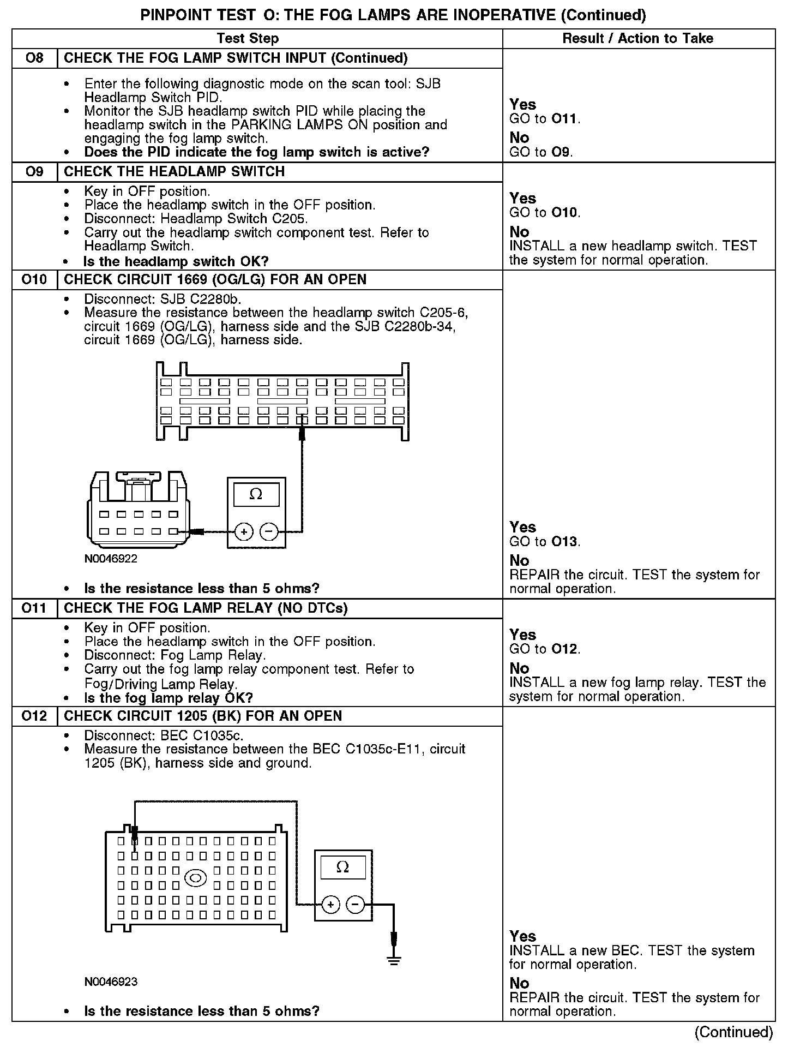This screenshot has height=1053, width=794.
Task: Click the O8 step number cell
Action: [34, 58]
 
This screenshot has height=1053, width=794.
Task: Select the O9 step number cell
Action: [34, 171]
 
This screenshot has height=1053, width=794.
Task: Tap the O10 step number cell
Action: [34, 279]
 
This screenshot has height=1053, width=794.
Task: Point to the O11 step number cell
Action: [34, 608]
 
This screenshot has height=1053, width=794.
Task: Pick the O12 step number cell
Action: [34, 716]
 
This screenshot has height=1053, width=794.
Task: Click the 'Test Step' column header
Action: [248, 38]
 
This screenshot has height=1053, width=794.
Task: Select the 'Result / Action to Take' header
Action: [637, 38]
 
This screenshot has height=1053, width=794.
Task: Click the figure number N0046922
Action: [111, 559]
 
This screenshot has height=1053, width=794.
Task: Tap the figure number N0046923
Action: [111, 982]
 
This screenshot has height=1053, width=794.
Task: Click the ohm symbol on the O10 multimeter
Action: [256, 494]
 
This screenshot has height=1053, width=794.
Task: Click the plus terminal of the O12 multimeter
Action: [330, 905]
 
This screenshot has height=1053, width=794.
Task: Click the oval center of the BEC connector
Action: [196, 878]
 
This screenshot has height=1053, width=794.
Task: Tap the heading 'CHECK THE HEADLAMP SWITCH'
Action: [175, 171]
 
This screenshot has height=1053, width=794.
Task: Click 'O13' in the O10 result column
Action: [564, 542]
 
